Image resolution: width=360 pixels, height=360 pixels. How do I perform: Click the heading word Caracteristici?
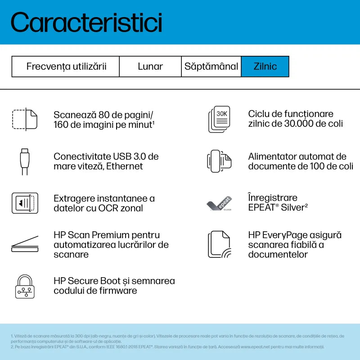pyautogui.click(x=86, y=22)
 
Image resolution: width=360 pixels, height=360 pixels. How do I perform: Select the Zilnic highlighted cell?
pyautogui.click(x=265, y=67)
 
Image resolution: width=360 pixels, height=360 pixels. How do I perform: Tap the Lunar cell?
pyautogui.click(x=150, y=67)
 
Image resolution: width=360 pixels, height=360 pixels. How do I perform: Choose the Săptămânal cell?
pyautogui.click(x=211, y=67)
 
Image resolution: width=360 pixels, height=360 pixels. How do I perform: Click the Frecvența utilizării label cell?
pyautogui.click(x=66, y=67)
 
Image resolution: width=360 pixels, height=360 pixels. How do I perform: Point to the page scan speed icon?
pyautogui.click(x=24, y=119)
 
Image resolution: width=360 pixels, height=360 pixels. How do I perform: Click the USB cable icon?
pyautogui.click(x=24, y=161)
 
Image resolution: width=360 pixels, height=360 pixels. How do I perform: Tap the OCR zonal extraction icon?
pyautogui.click(x=24, y=203)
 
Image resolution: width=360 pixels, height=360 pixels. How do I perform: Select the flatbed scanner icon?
pyautogui.click(x=24, y=244)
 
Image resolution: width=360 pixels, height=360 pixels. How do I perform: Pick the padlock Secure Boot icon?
pyautogui.click(x=24, y=286)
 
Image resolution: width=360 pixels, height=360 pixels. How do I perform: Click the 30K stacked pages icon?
pyautogui.click(x=219, y=119)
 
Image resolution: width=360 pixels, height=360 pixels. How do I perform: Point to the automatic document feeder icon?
pyautogui.click(x=219, y=161)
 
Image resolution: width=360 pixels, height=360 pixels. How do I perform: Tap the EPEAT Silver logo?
pyautogui.click(x=219, y=203)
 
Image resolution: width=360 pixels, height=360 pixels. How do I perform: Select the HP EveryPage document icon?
pyautogui.click(x=219, y=244)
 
